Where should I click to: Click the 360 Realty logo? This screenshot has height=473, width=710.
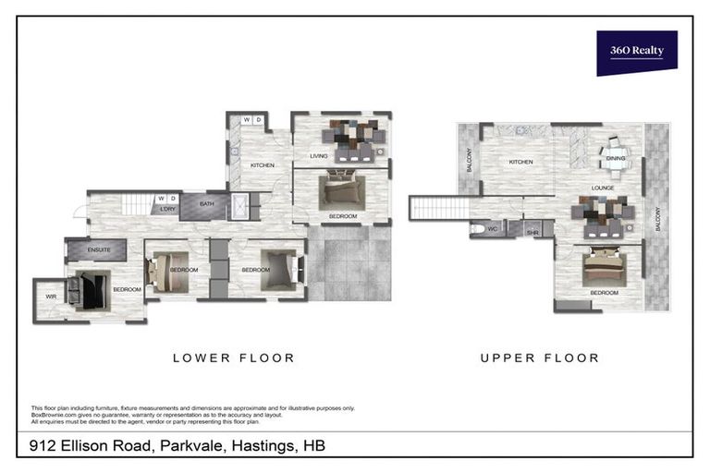(x=636, y=52)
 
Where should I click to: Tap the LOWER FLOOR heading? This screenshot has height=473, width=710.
(x=234, y=358)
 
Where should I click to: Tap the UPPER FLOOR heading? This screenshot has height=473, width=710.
(x=539, y=358)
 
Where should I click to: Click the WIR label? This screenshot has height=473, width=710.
(x=50, y=297)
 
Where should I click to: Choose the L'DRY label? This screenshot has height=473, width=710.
(x=167, y=210)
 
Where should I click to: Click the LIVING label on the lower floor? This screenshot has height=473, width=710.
(x=319, y=156)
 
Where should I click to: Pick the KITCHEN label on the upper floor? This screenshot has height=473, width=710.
(x=520, y=162)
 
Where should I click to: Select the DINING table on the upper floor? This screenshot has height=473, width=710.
(x=614, y=154)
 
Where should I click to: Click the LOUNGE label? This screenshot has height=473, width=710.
(x=604, y=188)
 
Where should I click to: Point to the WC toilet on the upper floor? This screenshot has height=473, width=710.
(x=478, y=228)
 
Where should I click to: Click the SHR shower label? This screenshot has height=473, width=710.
(x=532, y=234)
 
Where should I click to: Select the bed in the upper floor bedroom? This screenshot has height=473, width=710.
(x=605, y=269)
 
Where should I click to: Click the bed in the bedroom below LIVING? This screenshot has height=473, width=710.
(x=341, y=193)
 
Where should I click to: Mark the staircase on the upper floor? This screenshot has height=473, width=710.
(x=439, y=208)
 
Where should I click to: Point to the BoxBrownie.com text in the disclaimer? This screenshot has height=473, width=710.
(x=57, y=414)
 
